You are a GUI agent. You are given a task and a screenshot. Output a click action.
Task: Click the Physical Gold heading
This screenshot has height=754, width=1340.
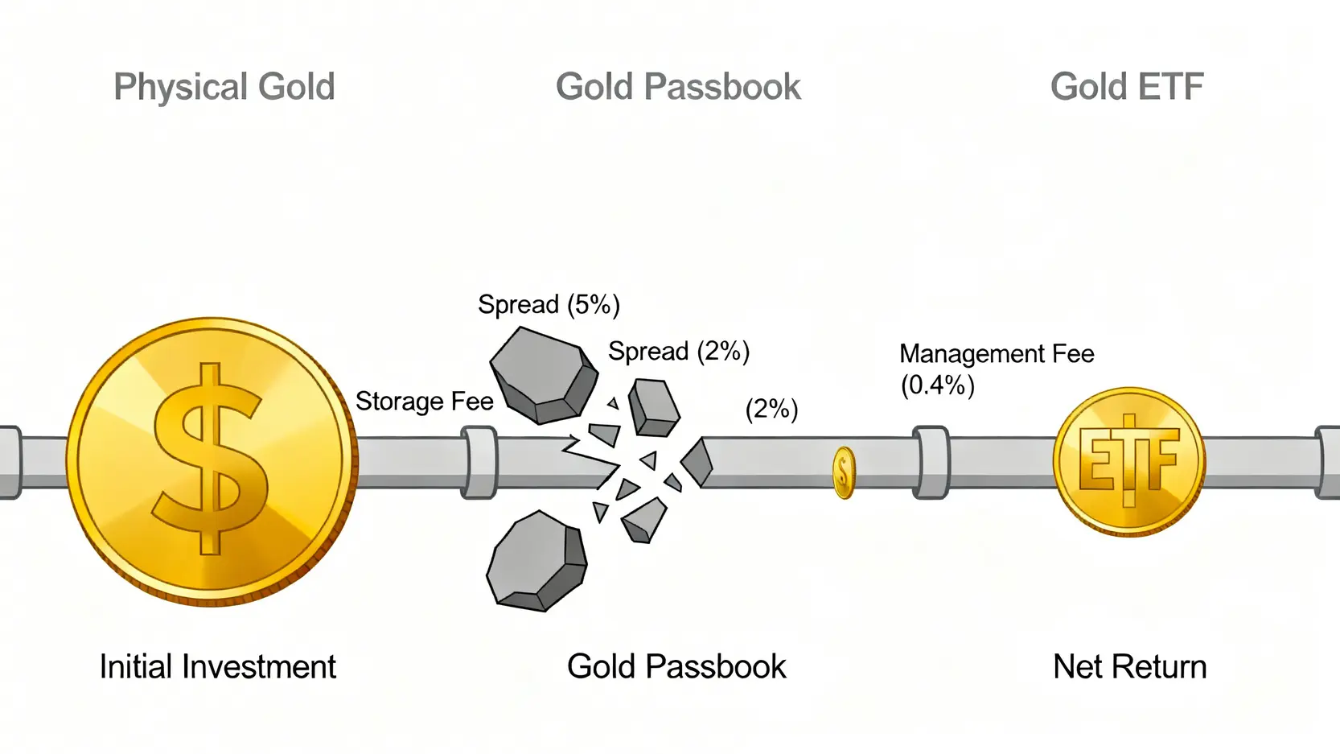[224, 87]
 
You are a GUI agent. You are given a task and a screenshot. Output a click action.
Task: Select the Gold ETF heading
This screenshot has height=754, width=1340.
[1127, 87]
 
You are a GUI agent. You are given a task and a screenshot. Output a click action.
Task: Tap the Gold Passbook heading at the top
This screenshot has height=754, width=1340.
[678, 87]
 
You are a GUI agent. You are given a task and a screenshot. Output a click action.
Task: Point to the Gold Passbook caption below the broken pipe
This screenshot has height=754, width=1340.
[676, 666]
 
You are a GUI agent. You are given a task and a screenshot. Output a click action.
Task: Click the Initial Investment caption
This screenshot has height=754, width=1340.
[217, 666]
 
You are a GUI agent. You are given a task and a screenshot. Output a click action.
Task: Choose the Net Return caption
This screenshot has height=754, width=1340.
[1129, 666]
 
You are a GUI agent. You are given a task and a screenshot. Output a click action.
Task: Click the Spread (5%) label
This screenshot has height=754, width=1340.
[549, 305]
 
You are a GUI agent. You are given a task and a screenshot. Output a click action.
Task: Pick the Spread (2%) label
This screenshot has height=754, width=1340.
[678, 352]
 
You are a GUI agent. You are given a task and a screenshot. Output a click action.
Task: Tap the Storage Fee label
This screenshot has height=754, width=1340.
[424, 401]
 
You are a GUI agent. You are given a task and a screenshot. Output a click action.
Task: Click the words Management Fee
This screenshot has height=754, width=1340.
[997, 354]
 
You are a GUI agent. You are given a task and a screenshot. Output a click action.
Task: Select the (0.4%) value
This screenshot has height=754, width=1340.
[937, 385]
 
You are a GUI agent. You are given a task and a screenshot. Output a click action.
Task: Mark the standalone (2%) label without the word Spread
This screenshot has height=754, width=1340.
[771, 410]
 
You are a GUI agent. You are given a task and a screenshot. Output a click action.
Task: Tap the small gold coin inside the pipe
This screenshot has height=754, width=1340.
[843, 472]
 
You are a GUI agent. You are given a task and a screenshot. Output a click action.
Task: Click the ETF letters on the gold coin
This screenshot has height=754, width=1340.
[1128, 461]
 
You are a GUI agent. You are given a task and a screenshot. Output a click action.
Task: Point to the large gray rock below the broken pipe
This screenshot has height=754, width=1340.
[536, 562]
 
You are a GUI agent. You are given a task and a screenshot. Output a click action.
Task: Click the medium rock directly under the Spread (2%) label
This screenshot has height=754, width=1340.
[653, 407]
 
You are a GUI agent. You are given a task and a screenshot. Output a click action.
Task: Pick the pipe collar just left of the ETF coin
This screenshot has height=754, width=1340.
[931, 463]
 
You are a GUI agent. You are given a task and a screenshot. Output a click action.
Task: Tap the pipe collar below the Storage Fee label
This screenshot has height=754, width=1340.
[479, 463]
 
